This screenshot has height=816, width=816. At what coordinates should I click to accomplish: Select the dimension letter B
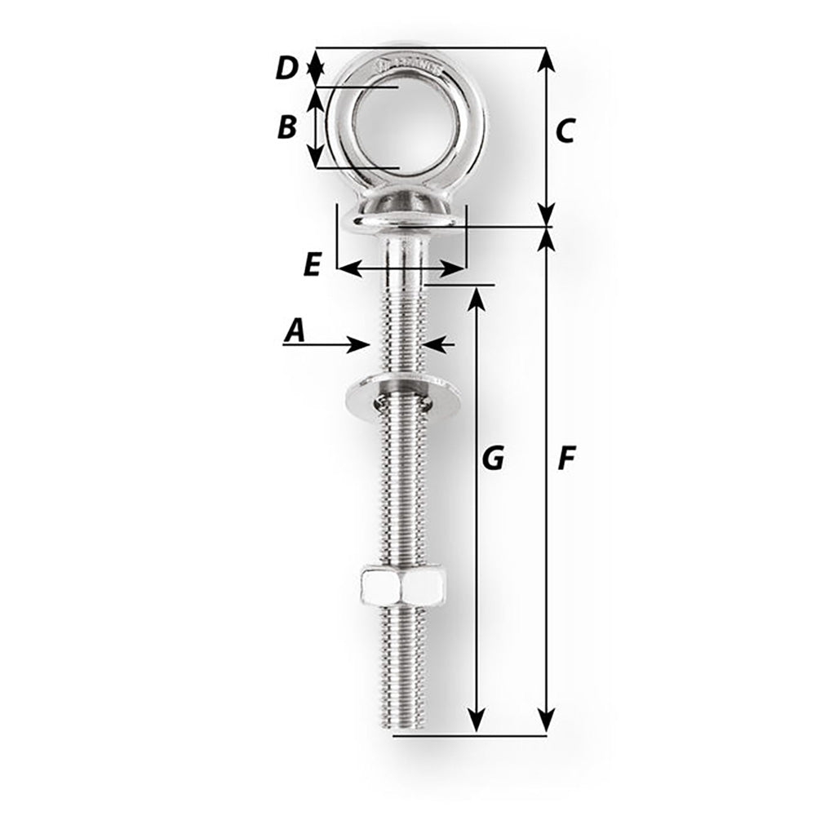click(286, 126)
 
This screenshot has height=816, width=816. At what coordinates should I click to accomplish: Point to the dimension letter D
click(286, 68)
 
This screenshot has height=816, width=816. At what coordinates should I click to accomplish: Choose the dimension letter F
click(565, 459)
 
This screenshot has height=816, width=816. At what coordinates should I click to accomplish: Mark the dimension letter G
click(492, 459)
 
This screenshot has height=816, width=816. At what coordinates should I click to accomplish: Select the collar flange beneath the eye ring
click(401, 214)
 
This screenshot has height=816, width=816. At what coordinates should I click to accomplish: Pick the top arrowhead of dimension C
click(547, 60)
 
